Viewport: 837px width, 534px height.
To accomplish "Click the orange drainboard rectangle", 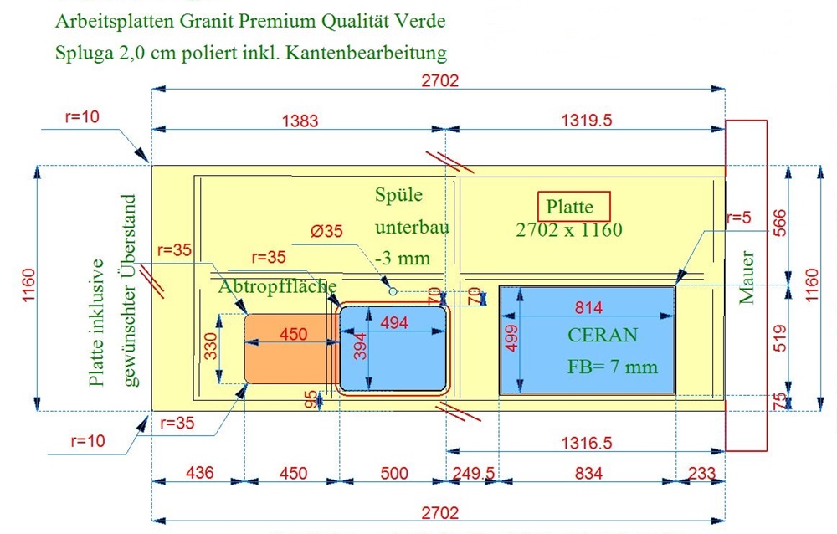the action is [291, 349].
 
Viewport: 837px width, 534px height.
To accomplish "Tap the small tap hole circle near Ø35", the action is [393, 291].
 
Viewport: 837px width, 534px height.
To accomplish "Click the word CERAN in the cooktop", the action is [602, 335].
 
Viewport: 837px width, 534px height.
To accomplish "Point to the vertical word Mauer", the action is [747, 278].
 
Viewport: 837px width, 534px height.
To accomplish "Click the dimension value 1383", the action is [300, 121].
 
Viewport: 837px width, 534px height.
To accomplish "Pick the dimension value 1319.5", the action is [586, 121].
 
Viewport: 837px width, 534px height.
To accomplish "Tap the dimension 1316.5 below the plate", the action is [586, 443].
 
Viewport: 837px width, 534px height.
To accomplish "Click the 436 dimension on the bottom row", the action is [200, 473].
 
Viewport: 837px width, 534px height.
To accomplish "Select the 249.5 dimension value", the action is [474, 473].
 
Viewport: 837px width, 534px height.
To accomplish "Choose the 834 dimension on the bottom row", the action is [588, 473].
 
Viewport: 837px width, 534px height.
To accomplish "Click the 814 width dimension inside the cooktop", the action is [588, 307].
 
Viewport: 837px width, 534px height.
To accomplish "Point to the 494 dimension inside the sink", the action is [394, 322].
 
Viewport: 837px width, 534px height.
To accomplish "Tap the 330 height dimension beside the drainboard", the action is [212, 346].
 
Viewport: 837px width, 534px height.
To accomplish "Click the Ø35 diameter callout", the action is [326, 231].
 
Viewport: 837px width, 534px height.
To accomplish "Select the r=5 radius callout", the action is [739, 218].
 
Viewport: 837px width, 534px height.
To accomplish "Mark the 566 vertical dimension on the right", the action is [780, 223].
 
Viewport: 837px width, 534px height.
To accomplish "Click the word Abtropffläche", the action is [277, 286].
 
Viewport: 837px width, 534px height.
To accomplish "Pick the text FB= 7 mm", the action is [613, 367].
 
